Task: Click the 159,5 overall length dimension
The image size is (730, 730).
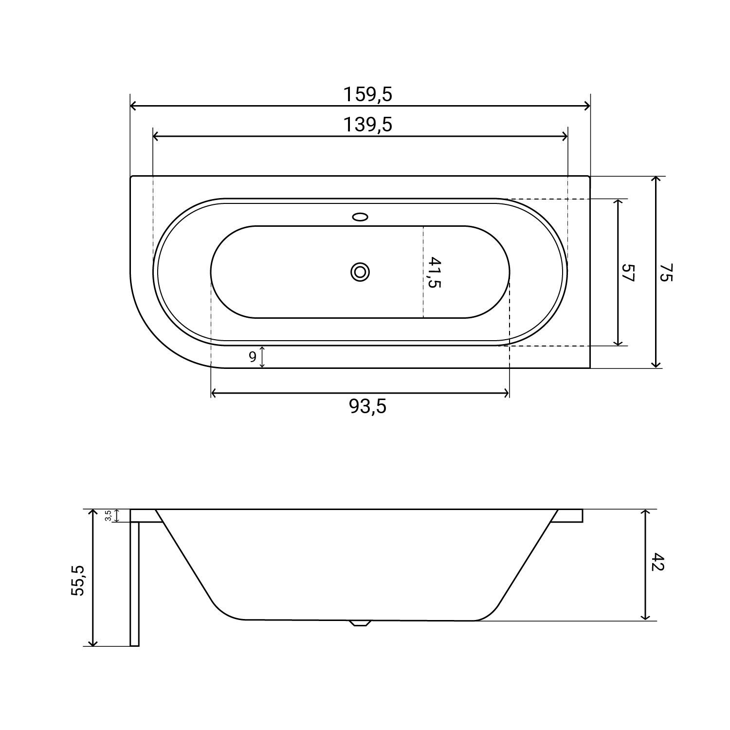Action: click(367, 94)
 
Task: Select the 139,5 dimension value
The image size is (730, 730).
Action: click(367, 125)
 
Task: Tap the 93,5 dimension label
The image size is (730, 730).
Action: click(367, 406)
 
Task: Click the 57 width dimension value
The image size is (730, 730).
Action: click(629, 273)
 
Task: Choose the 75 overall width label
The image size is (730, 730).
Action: click(665, 273)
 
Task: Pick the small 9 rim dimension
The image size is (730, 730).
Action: click(253, 357)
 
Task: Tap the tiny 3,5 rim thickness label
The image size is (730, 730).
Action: click(108, 515)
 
